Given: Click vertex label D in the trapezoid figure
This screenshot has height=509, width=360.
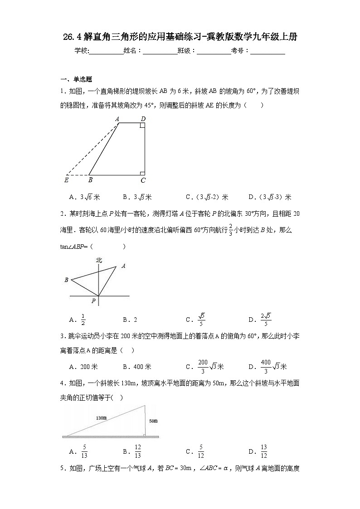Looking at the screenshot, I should point(143,119).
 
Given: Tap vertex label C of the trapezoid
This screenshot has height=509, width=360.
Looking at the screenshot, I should point(143,180).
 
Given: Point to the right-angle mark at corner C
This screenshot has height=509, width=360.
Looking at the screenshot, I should point(142,173).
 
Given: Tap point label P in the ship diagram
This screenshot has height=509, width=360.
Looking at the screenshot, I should point(93,300).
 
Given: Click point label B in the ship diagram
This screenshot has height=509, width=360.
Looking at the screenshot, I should point(66,280).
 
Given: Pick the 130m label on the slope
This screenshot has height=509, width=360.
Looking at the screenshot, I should point(101,417).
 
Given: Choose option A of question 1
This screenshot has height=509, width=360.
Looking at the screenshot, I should point(84,197).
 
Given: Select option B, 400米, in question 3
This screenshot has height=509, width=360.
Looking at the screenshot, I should point(137,367).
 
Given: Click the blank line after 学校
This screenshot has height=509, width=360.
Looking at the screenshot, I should point(107,51).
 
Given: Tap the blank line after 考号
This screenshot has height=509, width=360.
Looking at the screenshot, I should point(268,51).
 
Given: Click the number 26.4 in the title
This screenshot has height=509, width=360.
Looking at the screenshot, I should point(73,37).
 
